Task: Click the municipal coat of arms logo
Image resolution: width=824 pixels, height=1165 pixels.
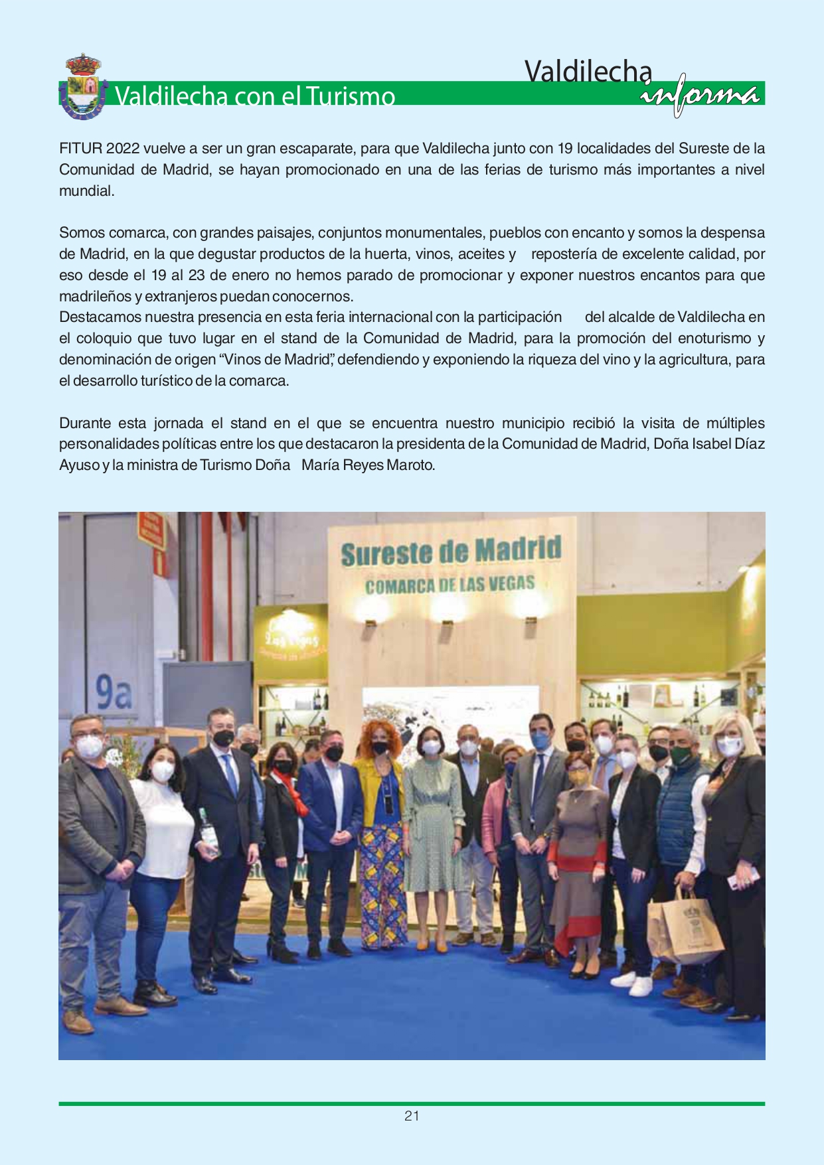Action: click(82, 88)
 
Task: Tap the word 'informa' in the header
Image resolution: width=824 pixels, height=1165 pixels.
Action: click(700, 95)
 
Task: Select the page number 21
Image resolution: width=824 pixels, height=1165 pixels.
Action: click(412, 1116)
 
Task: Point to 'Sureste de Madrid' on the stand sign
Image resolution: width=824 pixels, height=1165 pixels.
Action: click(451, 552)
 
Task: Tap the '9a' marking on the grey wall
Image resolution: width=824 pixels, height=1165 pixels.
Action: click(114, 694)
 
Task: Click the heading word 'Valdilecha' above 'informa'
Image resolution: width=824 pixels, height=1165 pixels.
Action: click(588, 71)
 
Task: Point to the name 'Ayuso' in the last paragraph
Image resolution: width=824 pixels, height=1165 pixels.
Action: click(79, 465)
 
